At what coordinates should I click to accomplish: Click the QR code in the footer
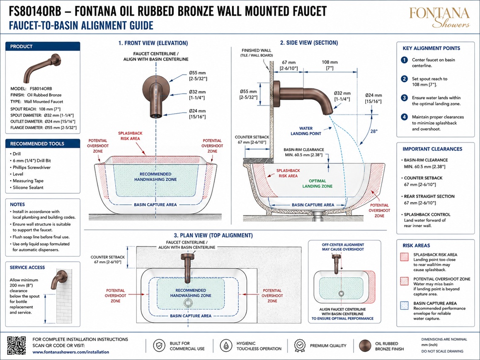coord(17,345)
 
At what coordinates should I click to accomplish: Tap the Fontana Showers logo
coord(439,17)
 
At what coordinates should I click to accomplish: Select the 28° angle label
coord(374,131)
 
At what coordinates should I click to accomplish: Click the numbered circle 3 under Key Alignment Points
coord(405,98)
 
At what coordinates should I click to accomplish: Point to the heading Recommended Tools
coord(37,144)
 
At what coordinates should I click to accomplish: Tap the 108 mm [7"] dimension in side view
coord(330,65)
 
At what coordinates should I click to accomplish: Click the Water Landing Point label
coord(306,131)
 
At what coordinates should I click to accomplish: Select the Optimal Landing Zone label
coord(318,183)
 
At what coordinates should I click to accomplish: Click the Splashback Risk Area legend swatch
coord(405,257)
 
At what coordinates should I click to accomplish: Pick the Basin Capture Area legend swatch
coord(405,306)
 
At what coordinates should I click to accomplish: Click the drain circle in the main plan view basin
coord(188,303)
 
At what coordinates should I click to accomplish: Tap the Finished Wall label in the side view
coord(257,53)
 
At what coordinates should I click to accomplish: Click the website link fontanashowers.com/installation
coord(71,352)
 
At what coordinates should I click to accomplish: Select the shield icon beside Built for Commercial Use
coord(159,346)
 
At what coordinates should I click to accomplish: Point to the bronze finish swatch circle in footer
coord(365,346)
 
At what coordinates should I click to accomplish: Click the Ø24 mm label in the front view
coord(197,114)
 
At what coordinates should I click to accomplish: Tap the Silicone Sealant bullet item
coord(28,187)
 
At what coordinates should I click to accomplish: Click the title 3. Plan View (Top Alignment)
coord(213,235)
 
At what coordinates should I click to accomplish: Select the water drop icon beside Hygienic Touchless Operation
coord(225,346)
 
